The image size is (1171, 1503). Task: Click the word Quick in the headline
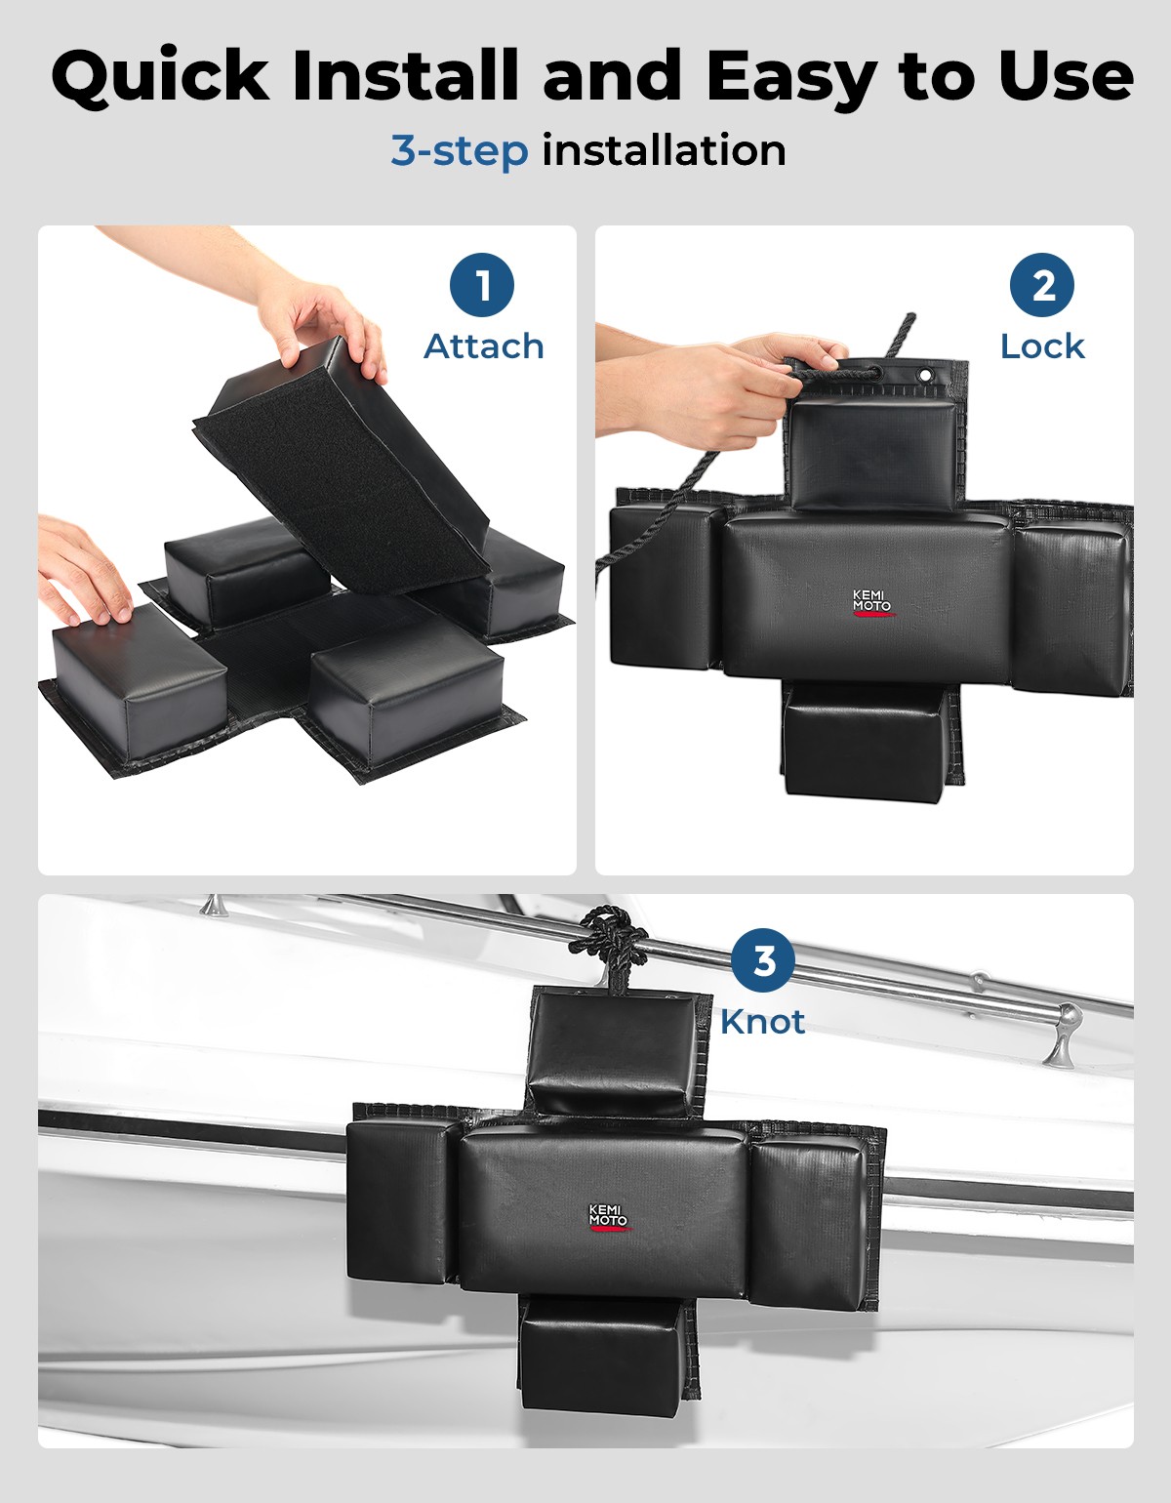(x=160, y=77)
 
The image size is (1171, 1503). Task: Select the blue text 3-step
(x=460, y=151)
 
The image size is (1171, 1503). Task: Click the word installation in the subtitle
(x=664, y=150)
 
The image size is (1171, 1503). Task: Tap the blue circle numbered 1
(x=482, y=285)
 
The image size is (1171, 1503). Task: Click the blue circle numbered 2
(x=1042, y=285)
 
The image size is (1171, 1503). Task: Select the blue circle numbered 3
(x=763, y=960)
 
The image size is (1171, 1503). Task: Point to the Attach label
(x=484, y=346)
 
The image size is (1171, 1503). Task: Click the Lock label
(x=1042, y=346)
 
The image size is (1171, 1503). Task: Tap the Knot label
(x=762, y=1022)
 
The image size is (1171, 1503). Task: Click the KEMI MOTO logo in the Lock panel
(x=872, y=602)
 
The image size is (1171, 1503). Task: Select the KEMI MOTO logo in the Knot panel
(x=609, y=1216)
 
